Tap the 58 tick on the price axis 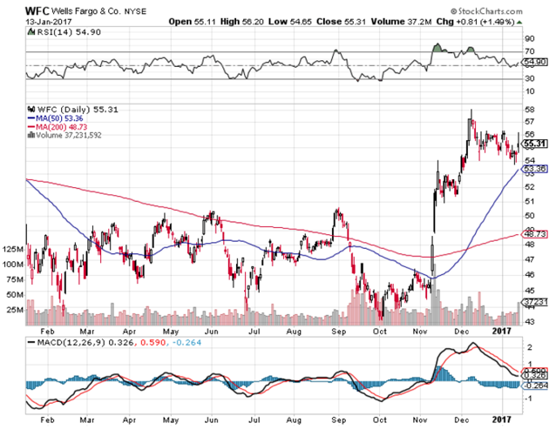tap(528, 109)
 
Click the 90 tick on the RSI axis tap(528, 38)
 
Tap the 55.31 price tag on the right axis tap(532, 144)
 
